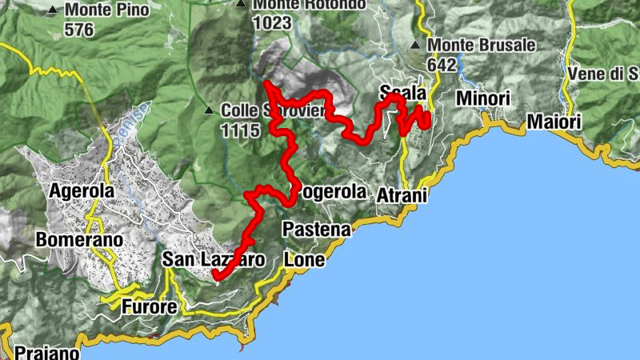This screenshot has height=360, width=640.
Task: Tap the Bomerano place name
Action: tap(79, 240)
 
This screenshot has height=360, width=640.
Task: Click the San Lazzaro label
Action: tap(213, 260)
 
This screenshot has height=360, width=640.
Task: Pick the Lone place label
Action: tap(305, 260)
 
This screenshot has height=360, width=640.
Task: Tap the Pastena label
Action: tap(317, 230)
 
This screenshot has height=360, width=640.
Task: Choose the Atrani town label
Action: tap(404, 196)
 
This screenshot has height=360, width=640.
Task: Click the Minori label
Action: tap(482, 98)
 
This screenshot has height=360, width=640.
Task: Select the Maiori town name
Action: tap(553, 123)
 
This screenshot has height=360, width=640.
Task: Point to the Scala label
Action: tap(403, 90)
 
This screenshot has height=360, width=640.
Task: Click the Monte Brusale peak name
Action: tap(482, 45)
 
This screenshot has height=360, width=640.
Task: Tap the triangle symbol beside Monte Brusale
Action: tap(415, 45)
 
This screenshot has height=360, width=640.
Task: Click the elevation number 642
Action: tap(441, 64)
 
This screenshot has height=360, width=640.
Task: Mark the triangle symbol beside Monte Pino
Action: tap(52, 11)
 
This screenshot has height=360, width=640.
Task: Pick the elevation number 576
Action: tap(80, 30)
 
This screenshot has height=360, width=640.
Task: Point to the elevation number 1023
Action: tap(272, 22)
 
